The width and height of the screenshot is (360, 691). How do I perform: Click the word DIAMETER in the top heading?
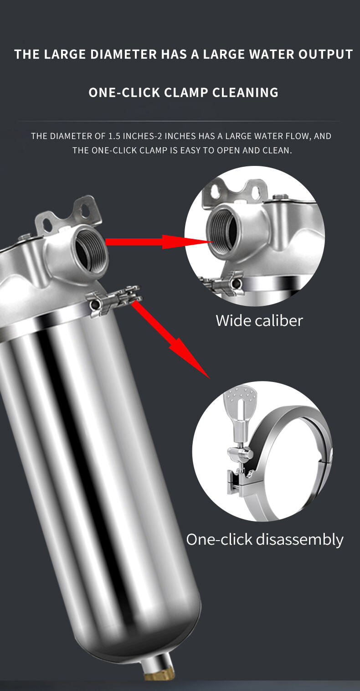click(x=123, y=54)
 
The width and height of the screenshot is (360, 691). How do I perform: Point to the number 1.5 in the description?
click(x=114, y=136)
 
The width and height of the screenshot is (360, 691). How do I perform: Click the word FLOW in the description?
click(x=298, y=136)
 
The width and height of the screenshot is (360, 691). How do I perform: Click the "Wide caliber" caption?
click(x=259, y=320)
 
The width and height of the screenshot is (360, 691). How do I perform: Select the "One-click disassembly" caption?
click(x=265, y=540)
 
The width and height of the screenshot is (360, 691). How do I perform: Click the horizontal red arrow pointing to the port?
click(x=159, y=242)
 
